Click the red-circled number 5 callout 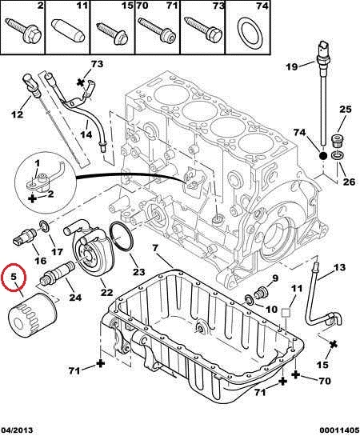pyautogui.click(x=14, y=277)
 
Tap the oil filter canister pyautogui.click(x=32, y=315)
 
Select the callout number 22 pyautogui.click(x=107, y=292)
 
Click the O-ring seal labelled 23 pyautogui.click(x=121, y=238)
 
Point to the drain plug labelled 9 pyautogui.click(x=262, y=293)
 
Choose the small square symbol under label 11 pyautogui.click(x=286, y=313)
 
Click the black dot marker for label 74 pyautogui.click(x=322, y=156)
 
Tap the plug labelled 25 pyautogui.click(x=338, y=141)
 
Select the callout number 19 pyautogui.click(x=292, y=66)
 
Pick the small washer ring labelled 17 pyautogui.click(x=44, y=226)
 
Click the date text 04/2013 pyautogui.click(x=17, y=430)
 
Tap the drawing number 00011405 pyautogui.click(x=338, y=430)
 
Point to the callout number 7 pyautogui.click(x=155, y=248)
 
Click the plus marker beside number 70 pyautogui.click(x=296, y=374)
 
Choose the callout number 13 pyautogui.click(x=339, y=267)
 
